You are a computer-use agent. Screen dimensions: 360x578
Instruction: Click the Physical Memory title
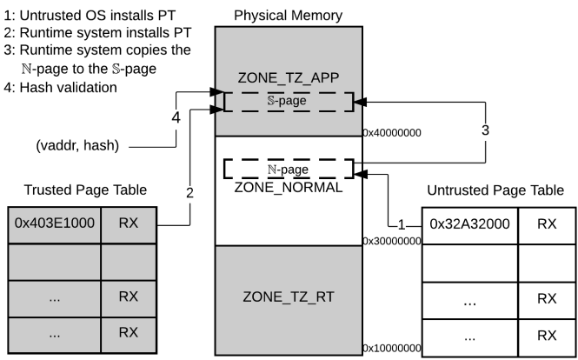[x=288, y=16]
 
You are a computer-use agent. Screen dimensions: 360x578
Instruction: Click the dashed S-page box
[x=288, y=101]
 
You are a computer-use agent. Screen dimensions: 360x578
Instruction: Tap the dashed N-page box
[x=288, y=169]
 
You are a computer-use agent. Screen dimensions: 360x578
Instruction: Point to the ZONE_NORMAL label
[x=287, y=186]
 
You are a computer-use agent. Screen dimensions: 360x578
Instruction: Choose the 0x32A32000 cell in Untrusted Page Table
[x=469, y=223]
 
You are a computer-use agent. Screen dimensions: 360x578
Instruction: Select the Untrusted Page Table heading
[x=500, y=190]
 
